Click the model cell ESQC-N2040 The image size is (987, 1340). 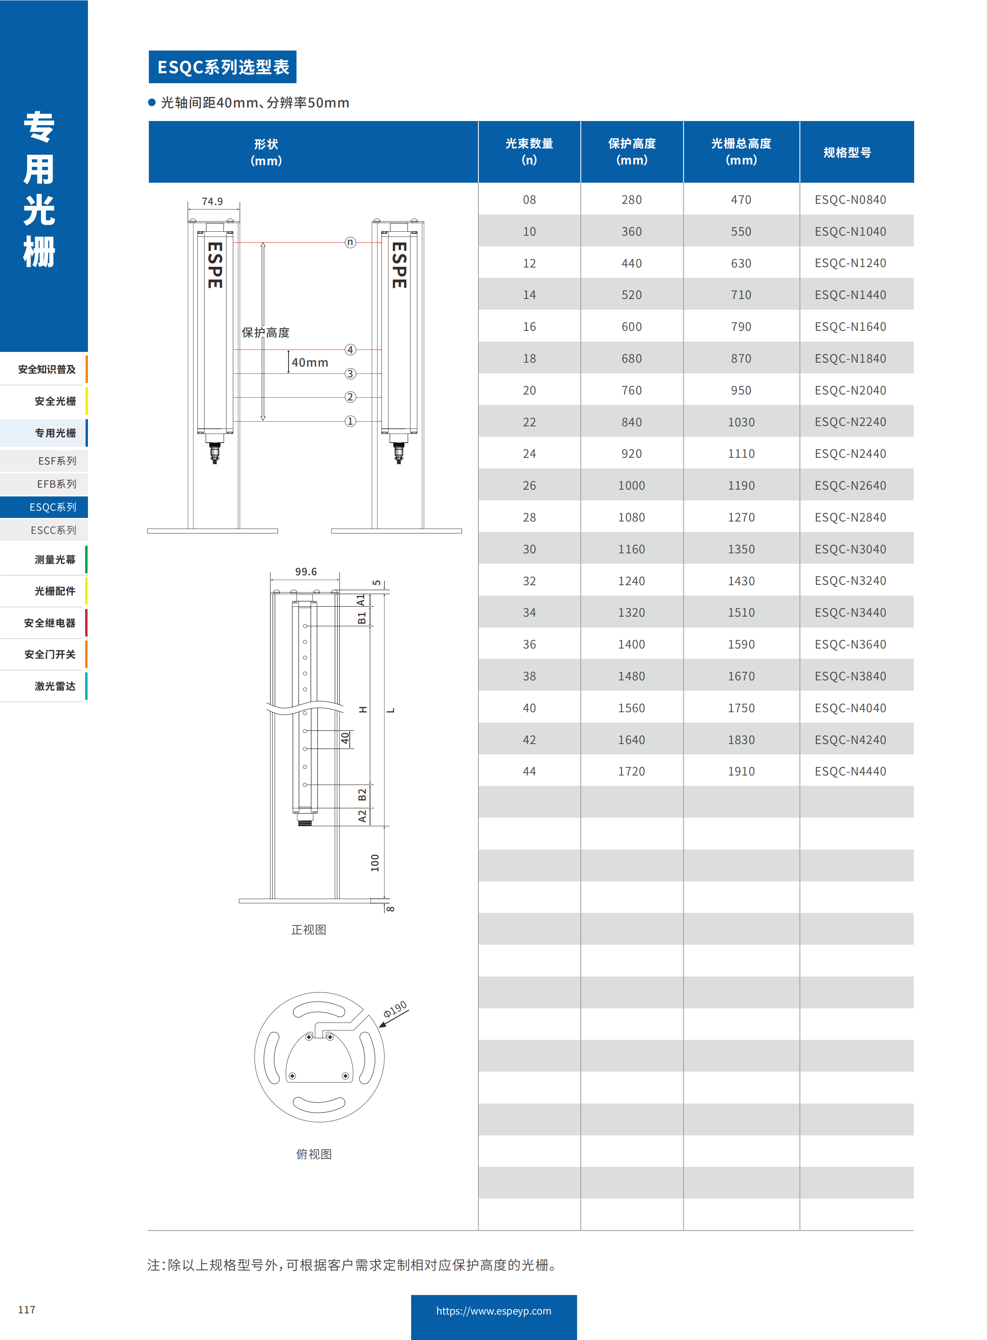coord(850,390)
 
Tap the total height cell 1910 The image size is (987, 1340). coord(741,771)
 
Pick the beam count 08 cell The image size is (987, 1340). coord(529,199)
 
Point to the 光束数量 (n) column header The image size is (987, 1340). coord(529,152)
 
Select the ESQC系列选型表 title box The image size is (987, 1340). coord(222,67)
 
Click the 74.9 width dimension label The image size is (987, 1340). coord(212,201)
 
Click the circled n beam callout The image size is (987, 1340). coord(350,242)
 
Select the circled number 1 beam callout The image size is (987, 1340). coord(350,421)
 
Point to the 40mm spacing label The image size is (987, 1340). coord(310,363)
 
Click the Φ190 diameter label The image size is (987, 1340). coord(395,1009)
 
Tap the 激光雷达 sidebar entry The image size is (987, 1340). coord(55,686)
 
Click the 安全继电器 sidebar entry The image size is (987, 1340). coord(50,623)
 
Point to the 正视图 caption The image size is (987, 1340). coord(308,930)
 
